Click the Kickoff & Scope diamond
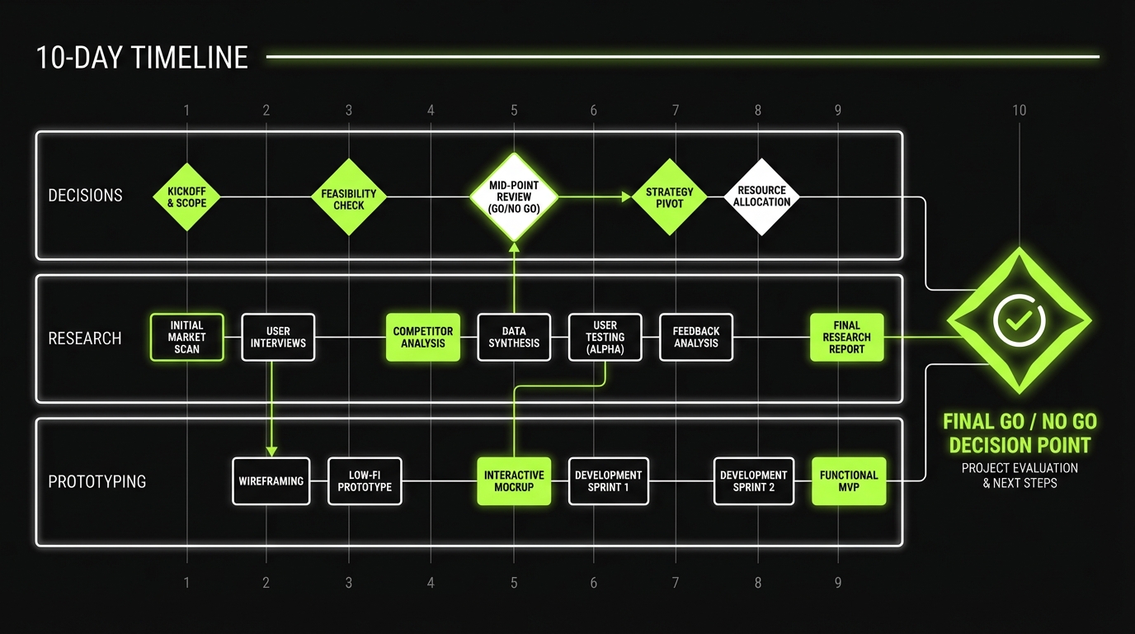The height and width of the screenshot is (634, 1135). (x=187, y=196)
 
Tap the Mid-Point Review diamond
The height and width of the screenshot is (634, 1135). (x=514, y=197)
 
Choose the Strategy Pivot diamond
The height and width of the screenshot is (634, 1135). (x=670, y=197)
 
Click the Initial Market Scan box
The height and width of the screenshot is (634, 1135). (x=187, y=337)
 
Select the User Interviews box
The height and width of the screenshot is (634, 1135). (x=278, y=337)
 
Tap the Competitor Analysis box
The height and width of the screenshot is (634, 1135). (x=423, y=337)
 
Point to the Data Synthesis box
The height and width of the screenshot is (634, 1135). (x=514, y=337)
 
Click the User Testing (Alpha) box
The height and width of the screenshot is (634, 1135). (x=605, y=337)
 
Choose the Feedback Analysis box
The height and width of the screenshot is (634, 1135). (x=696, y=337)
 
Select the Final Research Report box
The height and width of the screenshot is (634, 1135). (x=847, y=337)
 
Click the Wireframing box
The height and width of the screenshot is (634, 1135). (x=271, y=481)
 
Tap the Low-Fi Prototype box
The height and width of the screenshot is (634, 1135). (x=365, y=481)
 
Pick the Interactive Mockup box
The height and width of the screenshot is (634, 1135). (x=514, y=481)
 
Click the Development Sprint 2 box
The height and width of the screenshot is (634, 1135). (x=754, y=481)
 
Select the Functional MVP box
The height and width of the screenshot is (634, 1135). (x=849, y=481)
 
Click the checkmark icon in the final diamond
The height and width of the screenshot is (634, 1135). (x=1020, y=319)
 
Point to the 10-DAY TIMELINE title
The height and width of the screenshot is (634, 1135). (x=142, y=58)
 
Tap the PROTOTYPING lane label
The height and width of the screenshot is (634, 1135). (x=97, y=481)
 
